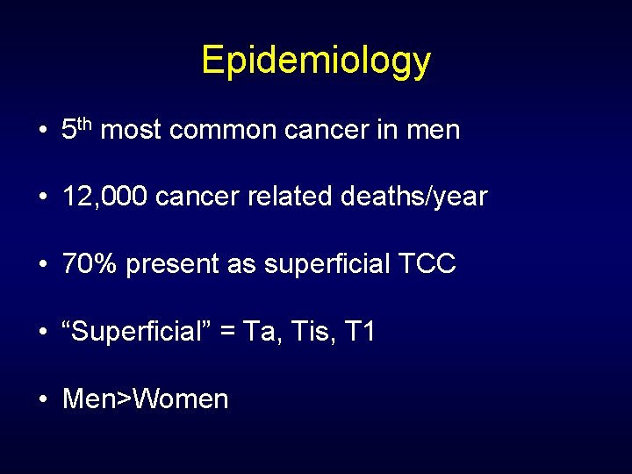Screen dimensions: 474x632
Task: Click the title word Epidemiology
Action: tap(316, 61)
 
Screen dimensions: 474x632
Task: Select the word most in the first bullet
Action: tap(132, 131)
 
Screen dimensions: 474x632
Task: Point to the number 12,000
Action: tap(104, 197)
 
